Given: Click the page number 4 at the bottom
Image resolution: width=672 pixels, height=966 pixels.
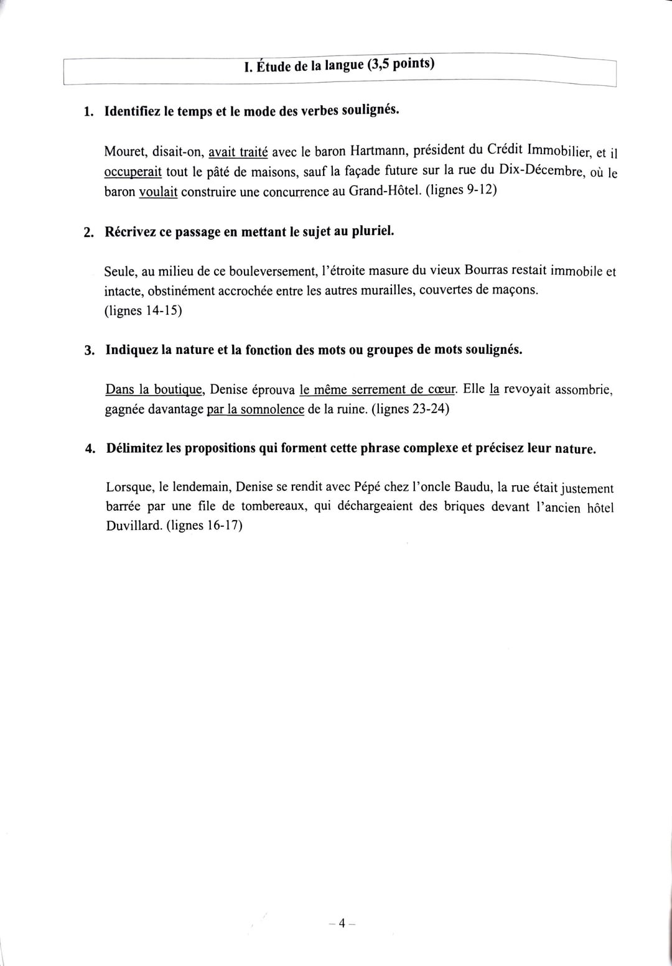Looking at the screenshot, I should [341, 924].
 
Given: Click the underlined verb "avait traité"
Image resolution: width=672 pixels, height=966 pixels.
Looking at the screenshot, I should [238, 151].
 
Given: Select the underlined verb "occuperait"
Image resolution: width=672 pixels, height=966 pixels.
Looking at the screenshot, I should [133, 172].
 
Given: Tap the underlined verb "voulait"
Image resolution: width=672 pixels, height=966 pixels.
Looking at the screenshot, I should [158, 192].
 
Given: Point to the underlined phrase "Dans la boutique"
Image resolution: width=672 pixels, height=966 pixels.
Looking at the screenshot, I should [155, 390].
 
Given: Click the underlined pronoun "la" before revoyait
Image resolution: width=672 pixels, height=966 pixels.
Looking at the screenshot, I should [495, 390].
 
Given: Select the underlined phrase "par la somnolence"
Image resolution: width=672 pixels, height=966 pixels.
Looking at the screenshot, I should [255, 409].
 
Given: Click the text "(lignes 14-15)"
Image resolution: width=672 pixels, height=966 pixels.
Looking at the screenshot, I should [143, 310].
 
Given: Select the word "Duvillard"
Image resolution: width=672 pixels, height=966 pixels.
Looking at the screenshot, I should [134, 526].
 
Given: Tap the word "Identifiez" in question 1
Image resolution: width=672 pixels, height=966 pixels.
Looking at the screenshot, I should [133, 112].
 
